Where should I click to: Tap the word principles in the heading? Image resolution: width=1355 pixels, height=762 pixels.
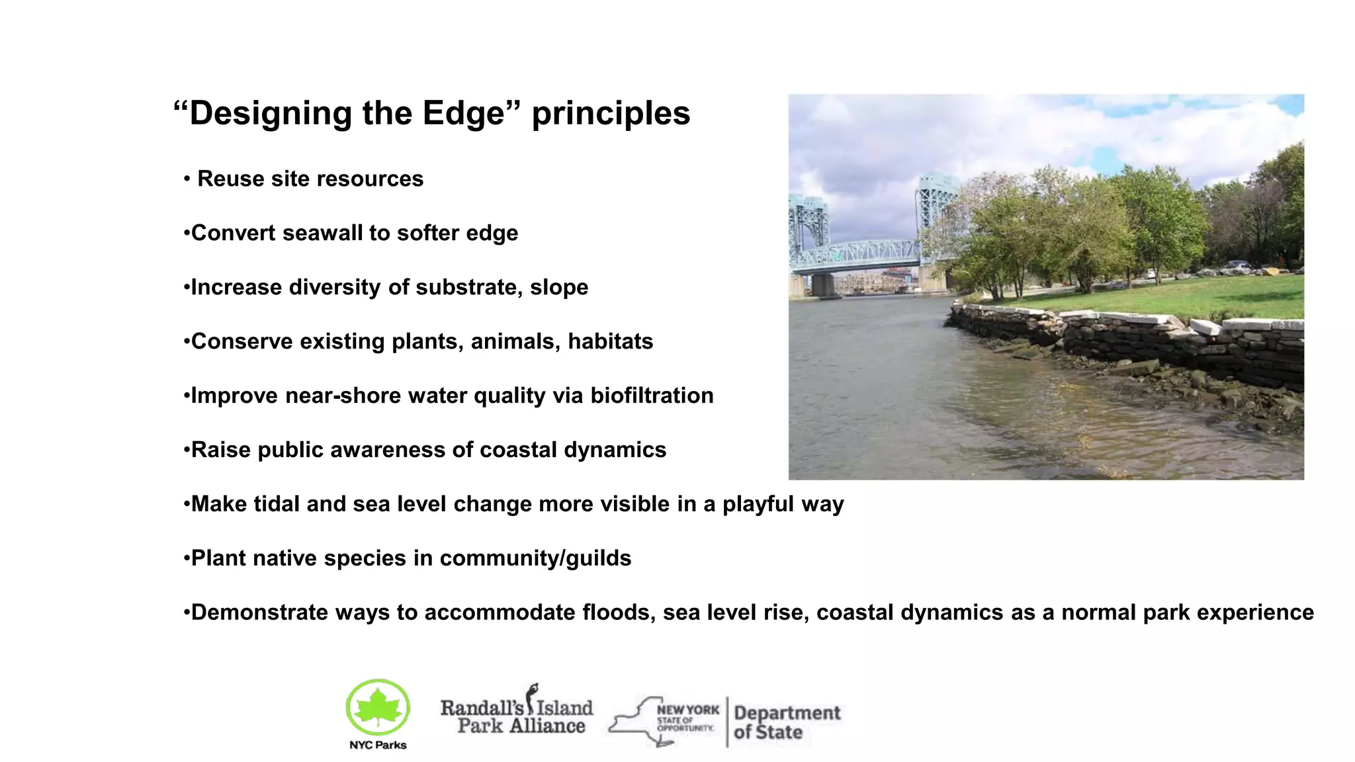611,113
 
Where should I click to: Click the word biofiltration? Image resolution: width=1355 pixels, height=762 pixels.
652,396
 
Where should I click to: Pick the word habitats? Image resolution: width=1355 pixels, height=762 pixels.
610,341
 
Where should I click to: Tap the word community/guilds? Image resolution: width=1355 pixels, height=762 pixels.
535,558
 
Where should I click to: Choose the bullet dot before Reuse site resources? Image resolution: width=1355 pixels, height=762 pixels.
187,179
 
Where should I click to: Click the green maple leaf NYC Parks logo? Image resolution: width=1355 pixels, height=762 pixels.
378,707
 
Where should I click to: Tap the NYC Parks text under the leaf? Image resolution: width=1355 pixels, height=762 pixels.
378,745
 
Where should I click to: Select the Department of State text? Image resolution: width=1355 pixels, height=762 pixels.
786,722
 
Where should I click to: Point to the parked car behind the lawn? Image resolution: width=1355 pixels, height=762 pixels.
1235,265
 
